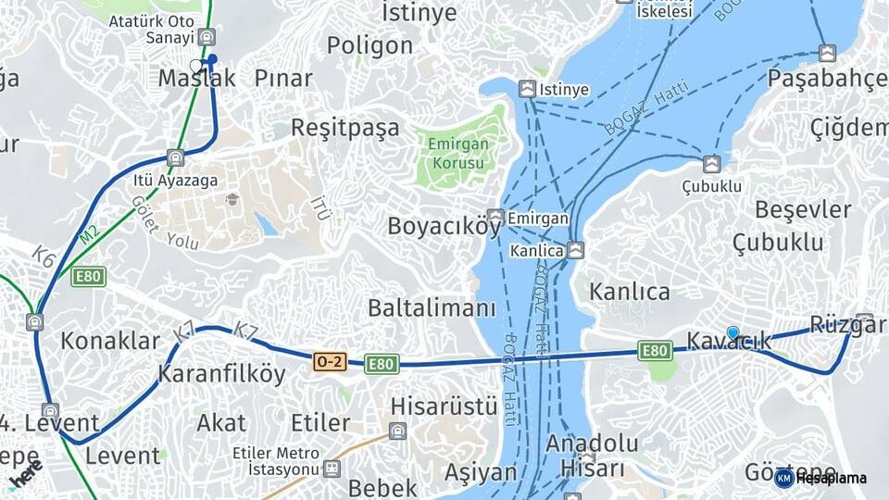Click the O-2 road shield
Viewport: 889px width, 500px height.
[330, 363]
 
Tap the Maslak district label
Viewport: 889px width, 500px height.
[196, 79]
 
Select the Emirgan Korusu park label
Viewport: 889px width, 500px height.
[456, 153]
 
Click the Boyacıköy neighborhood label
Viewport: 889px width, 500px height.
[444, 226]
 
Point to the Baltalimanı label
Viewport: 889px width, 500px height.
[432, 308]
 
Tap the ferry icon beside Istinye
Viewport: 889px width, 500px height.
[527, 89]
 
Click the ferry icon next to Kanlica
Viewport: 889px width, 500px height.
[576, 250]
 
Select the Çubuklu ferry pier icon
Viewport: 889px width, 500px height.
[711, 164]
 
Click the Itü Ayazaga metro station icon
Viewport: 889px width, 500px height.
[175, 157]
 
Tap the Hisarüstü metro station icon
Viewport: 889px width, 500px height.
[397, 431]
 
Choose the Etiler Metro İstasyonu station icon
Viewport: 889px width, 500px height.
[331, 469]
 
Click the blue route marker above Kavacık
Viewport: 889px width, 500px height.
[732, 332]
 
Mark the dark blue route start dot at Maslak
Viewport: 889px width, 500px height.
[212, 59]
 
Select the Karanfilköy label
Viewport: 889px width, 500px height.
[221, 374]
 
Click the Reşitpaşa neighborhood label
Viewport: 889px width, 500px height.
[345, 127]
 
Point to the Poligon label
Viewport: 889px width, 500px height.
[369, 45]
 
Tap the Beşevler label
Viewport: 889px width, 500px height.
[803, 209]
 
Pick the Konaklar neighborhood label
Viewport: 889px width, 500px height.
[110, 341]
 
